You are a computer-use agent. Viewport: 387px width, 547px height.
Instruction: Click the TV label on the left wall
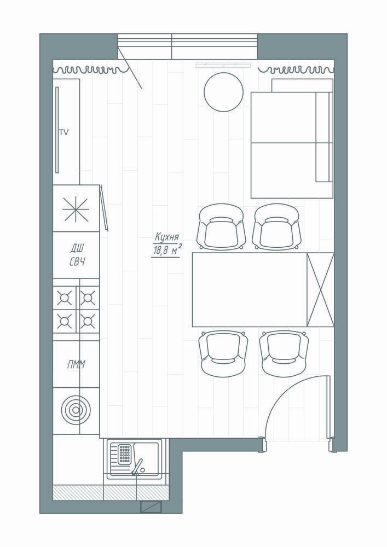[63, 132]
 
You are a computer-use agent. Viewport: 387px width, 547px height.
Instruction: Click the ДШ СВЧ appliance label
[78, 255]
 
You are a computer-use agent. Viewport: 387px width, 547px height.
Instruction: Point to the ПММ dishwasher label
[76, 365]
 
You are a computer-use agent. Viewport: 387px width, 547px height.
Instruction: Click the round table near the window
[223, 92]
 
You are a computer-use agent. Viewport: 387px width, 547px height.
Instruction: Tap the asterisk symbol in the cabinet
[76, 209]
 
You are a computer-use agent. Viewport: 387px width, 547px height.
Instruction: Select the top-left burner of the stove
[64, 298]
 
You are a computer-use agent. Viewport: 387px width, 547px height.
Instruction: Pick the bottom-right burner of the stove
[88, 321]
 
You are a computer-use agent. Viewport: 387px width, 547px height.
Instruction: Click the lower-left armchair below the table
[224, 353]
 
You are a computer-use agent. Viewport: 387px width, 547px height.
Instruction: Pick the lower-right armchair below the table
[284, 353]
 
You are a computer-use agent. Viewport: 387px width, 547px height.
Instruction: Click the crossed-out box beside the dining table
[320, 289]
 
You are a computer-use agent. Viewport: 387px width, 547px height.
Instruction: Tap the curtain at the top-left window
[91, 70]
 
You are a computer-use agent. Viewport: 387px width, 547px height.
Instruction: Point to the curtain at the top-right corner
[296, 70]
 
